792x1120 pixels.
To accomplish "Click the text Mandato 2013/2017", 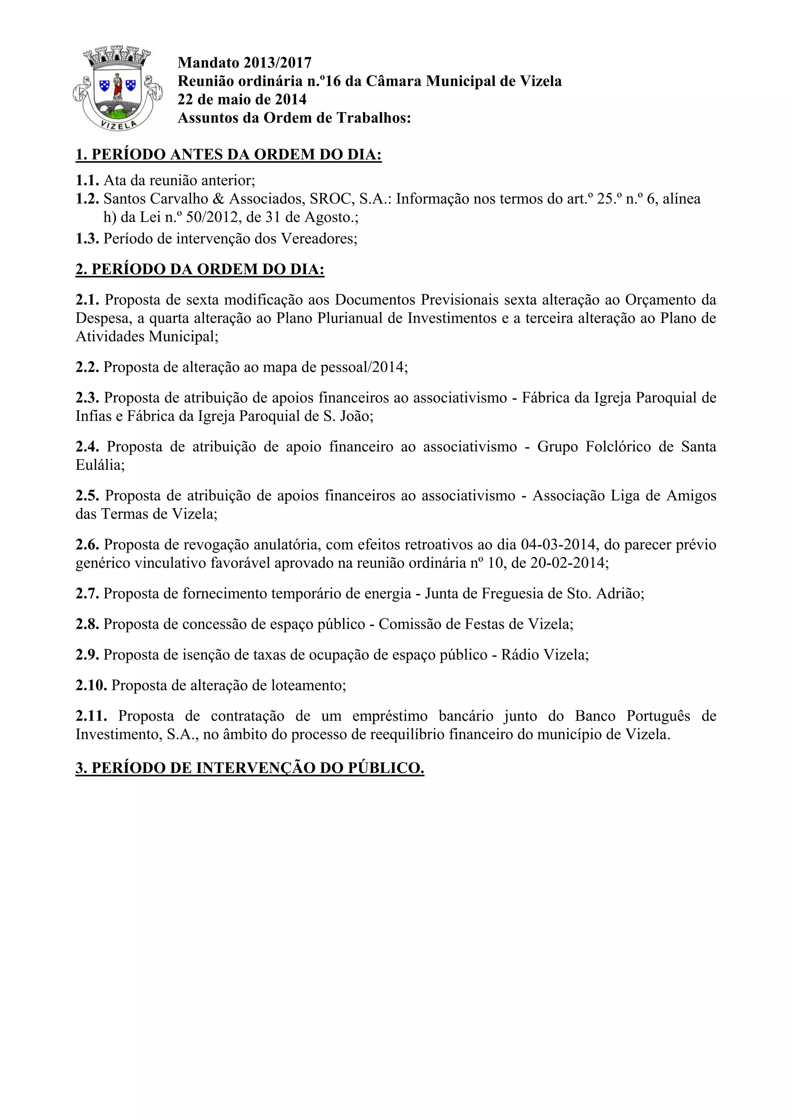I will point(244,62).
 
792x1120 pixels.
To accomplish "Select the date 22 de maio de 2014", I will point(242,99).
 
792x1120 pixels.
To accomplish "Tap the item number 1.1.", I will point(87,181).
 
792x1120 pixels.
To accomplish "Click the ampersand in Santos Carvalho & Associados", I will point(221,199).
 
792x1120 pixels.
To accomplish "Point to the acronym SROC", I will point(329,199).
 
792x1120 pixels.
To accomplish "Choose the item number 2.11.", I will point(91,716).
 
